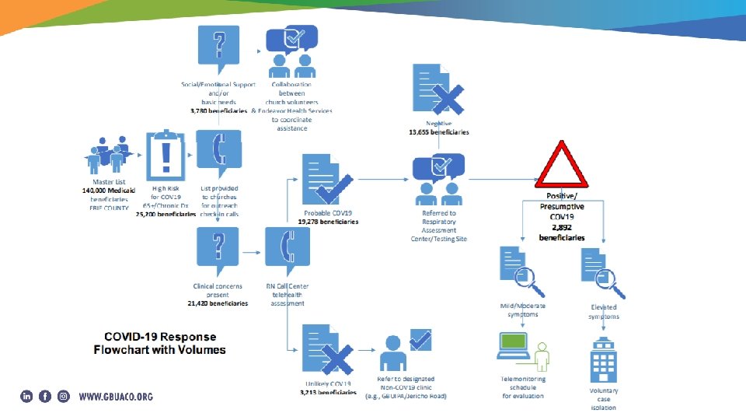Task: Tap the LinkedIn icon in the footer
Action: click(26, 396)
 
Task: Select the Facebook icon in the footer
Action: click(45, 396)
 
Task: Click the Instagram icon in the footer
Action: click(64, 396)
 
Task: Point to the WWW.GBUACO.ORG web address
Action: click(116, 397)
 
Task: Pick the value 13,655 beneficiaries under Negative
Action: click(439, 132)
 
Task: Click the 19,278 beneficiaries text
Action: click(328, 222)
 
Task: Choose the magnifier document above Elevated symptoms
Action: click(602, 271)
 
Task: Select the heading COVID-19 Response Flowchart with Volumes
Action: click(159, 343)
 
